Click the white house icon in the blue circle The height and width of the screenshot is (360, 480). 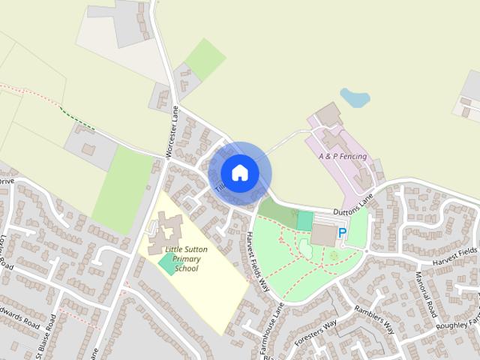coord(239,172)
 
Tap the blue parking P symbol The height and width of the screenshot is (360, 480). coord(343,233)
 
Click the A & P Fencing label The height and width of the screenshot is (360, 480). coord(342,156)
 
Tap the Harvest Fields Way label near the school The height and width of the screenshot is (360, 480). coord(257,260)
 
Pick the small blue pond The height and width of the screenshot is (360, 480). coord(354,98)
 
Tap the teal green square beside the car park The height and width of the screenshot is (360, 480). coord(304,220)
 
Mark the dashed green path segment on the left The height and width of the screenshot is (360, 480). coord(78,121)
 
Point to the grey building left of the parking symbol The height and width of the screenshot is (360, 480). coord(324,235)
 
